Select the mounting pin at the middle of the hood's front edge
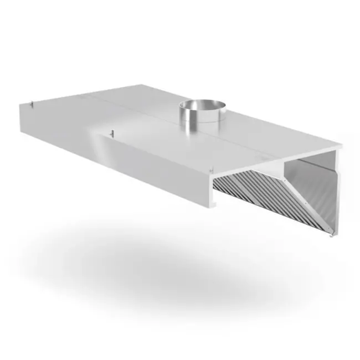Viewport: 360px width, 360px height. (112, 133)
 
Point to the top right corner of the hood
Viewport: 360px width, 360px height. (341, 146)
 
